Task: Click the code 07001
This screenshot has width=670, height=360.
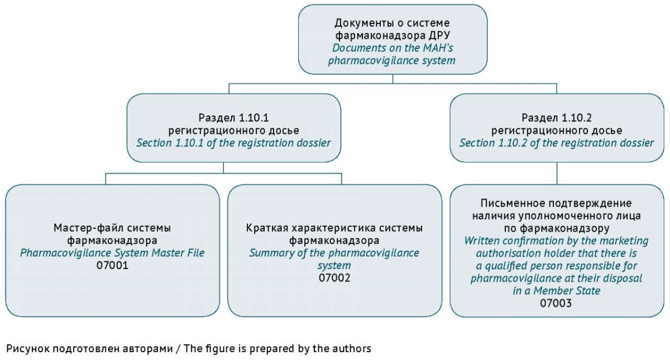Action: coord(112,265)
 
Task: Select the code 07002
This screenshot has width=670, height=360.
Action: coord(334,278)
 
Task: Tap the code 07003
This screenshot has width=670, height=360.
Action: coord(556,303)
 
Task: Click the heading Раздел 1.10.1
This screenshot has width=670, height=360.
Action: coord(233,118)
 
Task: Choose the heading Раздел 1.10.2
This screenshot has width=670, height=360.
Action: coord(557,118)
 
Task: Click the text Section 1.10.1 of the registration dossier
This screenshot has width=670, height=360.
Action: coord(233,143)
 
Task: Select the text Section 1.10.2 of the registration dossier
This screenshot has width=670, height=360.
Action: coord(557,143)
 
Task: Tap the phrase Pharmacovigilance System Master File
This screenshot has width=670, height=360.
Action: coord(112,253)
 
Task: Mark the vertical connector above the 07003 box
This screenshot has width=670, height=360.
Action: coord(557,174)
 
